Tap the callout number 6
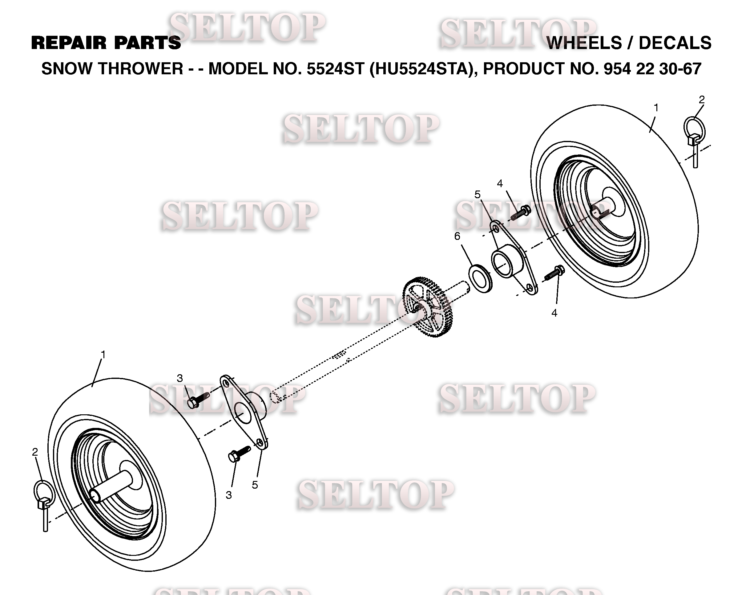[x=457, y=236]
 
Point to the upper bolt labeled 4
[x=521, y=212]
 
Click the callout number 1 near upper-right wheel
[x=656, y=108]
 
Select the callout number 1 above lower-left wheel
[x=103, y=355]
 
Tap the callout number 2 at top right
[x=702, y=100]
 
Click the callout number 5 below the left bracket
[x=255, y=485]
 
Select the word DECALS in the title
[x=675, y=43]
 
